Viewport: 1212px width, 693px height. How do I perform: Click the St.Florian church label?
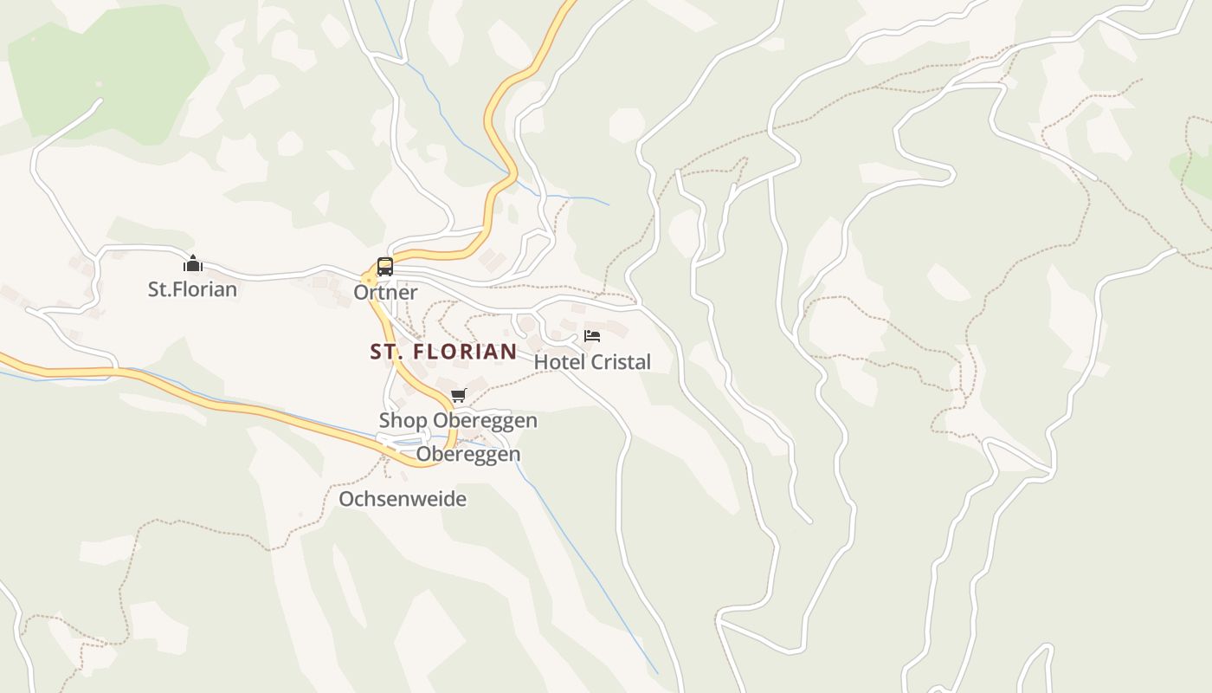tap(192, 288)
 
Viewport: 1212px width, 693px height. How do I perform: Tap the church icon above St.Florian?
tap(192, 263)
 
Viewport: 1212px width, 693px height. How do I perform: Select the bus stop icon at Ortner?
tap(385, 267)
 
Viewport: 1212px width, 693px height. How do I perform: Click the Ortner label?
tap(385, 292)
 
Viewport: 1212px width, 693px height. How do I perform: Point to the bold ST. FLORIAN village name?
tap(443, 352)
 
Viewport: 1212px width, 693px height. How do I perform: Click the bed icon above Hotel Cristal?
tap(592, 335)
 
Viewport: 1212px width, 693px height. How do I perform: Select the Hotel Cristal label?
tap(592, 362)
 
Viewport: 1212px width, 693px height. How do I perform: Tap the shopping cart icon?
tap(458, 396)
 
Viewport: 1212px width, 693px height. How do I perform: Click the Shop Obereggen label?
tap(458, 421)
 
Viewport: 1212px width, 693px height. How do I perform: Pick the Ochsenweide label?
tap(403, 499)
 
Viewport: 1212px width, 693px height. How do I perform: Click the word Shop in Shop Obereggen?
tap(403, 421)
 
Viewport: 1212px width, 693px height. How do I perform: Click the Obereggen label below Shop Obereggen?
tap(468, 454)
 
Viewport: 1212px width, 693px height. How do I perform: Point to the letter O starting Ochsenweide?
tap(345, 499)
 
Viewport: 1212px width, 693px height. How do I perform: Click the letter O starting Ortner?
tap(360, 292)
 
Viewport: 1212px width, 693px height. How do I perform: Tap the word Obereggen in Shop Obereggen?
tap(485, 421)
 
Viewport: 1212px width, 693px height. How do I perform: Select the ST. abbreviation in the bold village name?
tap(385, 352)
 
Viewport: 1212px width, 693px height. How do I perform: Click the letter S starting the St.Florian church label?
tap(153, 288)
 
